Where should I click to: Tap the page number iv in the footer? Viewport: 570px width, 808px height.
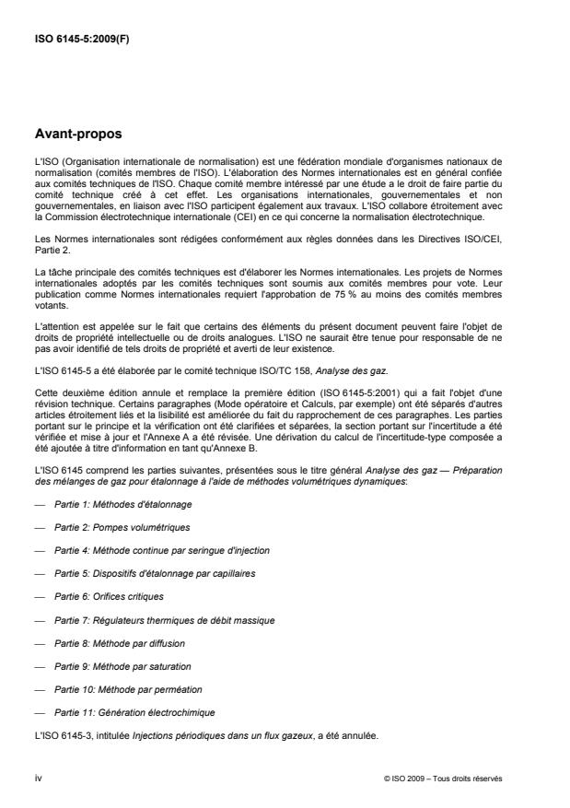click(38, 778)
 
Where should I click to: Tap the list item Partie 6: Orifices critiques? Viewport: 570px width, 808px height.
click(105, 596)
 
